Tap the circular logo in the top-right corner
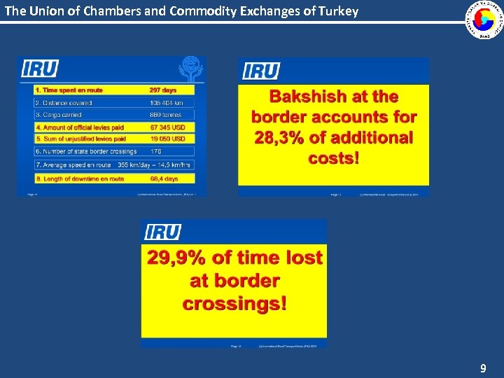pyautogui.click(x=485, y=20)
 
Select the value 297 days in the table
pyautogui.click(x=163, y=90)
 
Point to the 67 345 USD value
pyautogui.click(x=167, y=128)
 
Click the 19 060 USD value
pyautogui.click(x=167, y=139)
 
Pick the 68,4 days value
pyautogui.click(x=164, y=178)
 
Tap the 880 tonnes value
pyautogui.click(x=164, y=114)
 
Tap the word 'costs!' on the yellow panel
pyautogui.click(x=334, y=157)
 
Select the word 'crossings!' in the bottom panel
pyautogui.click(x=234, y=304)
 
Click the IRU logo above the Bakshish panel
pyautogui.click(x=261, y=71)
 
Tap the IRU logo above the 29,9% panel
pyautogui.click(x=162, y=232)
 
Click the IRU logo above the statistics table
pyautogui.click(x=40, y=69)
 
